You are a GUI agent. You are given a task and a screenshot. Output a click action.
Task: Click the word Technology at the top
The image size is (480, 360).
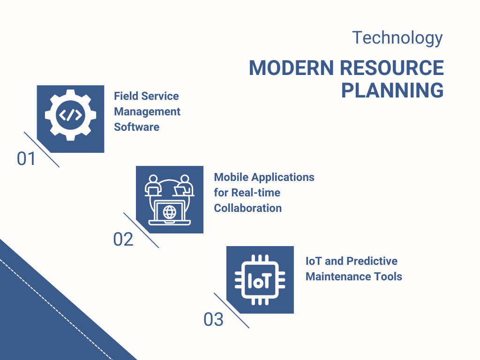[397, 38]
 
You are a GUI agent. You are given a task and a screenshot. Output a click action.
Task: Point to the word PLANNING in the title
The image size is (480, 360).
[392, 90]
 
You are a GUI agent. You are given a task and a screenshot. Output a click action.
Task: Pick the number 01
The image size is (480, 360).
[26, 159]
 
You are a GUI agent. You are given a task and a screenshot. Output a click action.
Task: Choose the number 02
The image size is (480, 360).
[123, 240]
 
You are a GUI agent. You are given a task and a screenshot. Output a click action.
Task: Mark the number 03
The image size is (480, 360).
[213, 320]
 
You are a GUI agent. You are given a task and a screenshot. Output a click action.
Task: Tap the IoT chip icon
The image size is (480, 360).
[260, 280]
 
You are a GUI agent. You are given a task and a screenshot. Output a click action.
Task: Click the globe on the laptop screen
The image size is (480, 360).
[169, 212]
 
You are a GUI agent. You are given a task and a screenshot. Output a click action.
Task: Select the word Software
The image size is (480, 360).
[137, 127]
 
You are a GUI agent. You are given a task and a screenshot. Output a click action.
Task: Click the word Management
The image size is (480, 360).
[147, 112]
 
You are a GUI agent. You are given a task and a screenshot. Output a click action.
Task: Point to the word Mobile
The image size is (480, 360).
[231, 177]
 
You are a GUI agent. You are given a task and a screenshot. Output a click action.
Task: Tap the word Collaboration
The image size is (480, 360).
[248, 208]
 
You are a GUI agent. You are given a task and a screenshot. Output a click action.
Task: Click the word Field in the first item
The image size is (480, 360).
[126, 96]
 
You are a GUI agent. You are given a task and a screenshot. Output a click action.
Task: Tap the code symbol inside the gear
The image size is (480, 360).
[70, 114]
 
